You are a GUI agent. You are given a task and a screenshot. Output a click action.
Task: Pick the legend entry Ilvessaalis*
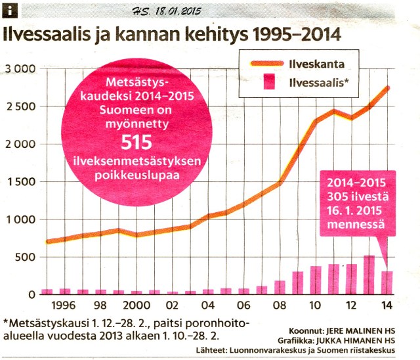[x=319, y=83]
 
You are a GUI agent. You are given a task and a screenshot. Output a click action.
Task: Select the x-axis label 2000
[x=135, y=305]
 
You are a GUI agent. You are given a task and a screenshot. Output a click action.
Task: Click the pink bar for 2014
[x=387, y=282]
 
